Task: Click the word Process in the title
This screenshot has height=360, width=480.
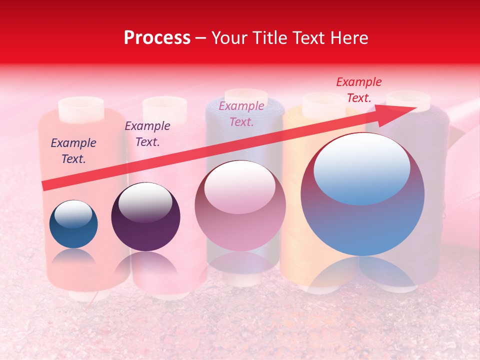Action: point(157,38)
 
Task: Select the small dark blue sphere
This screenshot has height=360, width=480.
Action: point(73,224)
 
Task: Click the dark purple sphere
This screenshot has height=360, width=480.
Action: point(145,217)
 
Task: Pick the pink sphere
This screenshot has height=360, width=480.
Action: point(240,205)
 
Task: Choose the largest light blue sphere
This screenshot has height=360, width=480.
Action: point(362,194)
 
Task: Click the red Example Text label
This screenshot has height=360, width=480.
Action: point(358,90)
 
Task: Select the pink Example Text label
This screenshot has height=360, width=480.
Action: point(241,113)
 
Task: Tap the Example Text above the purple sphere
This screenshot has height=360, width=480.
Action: point(147,134)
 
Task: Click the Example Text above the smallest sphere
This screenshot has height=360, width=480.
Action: point(73,151)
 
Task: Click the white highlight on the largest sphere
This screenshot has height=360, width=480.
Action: point(361,168)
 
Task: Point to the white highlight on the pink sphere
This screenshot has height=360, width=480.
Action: point(240,187)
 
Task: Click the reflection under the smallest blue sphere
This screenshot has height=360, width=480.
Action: point(73,257)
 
